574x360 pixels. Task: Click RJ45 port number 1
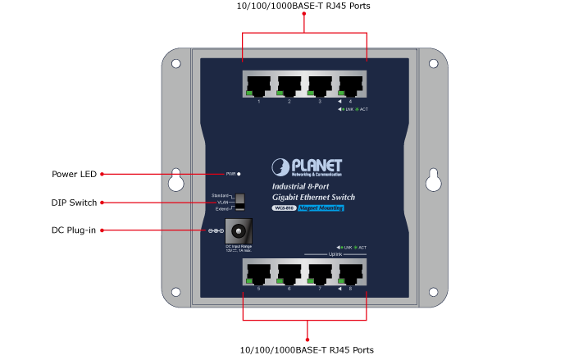[x=259, y=85]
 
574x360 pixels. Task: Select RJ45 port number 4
[x=351, y=85]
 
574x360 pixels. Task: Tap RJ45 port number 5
[x=259, y=272]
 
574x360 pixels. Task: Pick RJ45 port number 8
[x=351, y=272]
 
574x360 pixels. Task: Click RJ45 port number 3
[x=321, y=85]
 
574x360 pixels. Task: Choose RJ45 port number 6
[x=289, y=272]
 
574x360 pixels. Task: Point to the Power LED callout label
[x=74, y=174]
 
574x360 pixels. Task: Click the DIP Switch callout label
[x=74, y=203]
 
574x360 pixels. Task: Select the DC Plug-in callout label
[x=74, y=230]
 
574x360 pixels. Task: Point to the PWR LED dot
[x=239, y=174]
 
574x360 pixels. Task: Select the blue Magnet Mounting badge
[x=320, y=208]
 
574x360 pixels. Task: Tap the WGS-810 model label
[x=283, y=208]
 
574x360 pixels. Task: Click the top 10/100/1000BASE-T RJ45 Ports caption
[x=303, y=7]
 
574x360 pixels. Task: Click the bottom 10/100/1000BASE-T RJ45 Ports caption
[x=307, y=350]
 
